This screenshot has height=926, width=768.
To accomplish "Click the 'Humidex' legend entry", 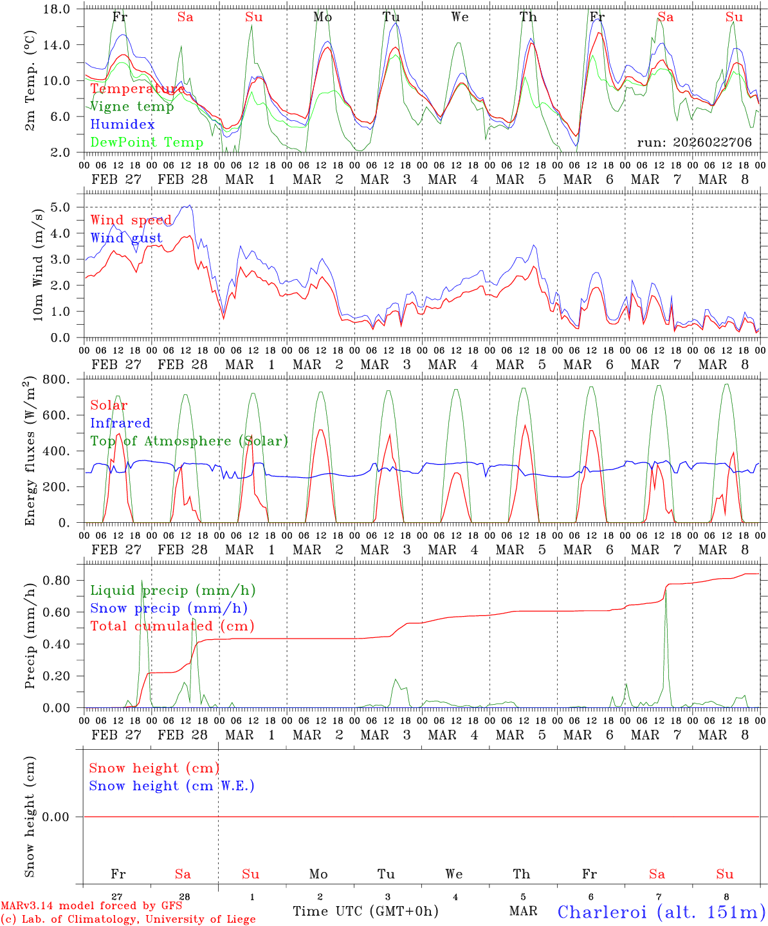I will (122, 125).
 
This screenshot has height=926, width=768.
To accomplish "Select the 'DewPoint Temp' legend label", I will (147, 143).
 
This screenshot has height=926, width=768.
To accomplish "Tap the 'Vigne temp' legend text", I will (132, 107).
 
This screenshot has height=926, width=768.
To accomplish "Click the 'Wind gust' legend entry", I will (126, 238).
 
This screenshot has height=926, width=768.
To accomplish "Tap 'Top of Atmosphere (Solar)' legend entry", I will (188, 441).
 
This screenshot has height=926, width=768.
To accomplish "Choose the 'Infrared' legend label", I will (120, 423).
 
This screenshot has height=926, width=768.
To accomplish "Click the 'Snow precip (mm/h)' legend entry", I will (169, 608).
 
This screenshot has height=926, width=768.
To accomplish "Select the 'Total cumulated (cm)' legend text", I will (172, 626).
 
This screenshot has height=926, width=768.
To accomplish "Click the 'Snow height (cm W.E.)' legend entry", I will (171, 786).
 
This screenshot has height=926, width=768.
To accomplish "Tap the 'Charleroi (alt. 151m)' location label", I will (661, 912).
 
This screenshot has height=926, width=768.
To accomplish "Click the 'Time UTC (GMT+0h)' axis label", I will (365, 911).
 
